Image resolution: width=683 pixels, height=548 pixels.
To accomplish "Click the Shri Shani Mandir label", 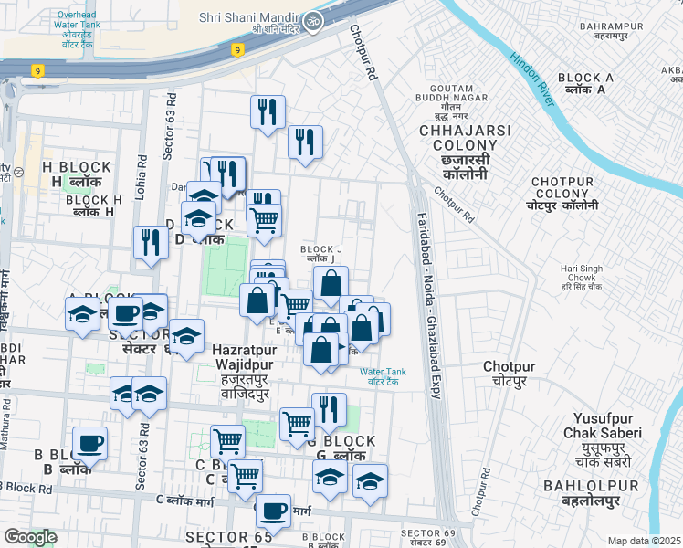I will pos(247,18).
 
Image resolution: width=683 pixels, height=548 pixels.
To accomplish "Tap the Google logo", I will pos(30,537).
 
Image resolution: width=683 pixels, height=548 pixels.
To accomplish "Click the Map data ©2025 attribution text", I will pos(644,541).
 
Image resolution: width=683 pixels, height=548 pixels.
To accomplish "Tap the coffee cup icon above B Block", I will pos(89,444).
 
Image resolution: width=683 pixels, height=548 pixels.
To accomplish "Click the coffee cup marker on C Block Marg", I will pos(273,511).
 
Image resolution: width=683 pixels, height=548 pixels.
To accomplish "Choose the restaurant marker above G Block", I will pos(329,409).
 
